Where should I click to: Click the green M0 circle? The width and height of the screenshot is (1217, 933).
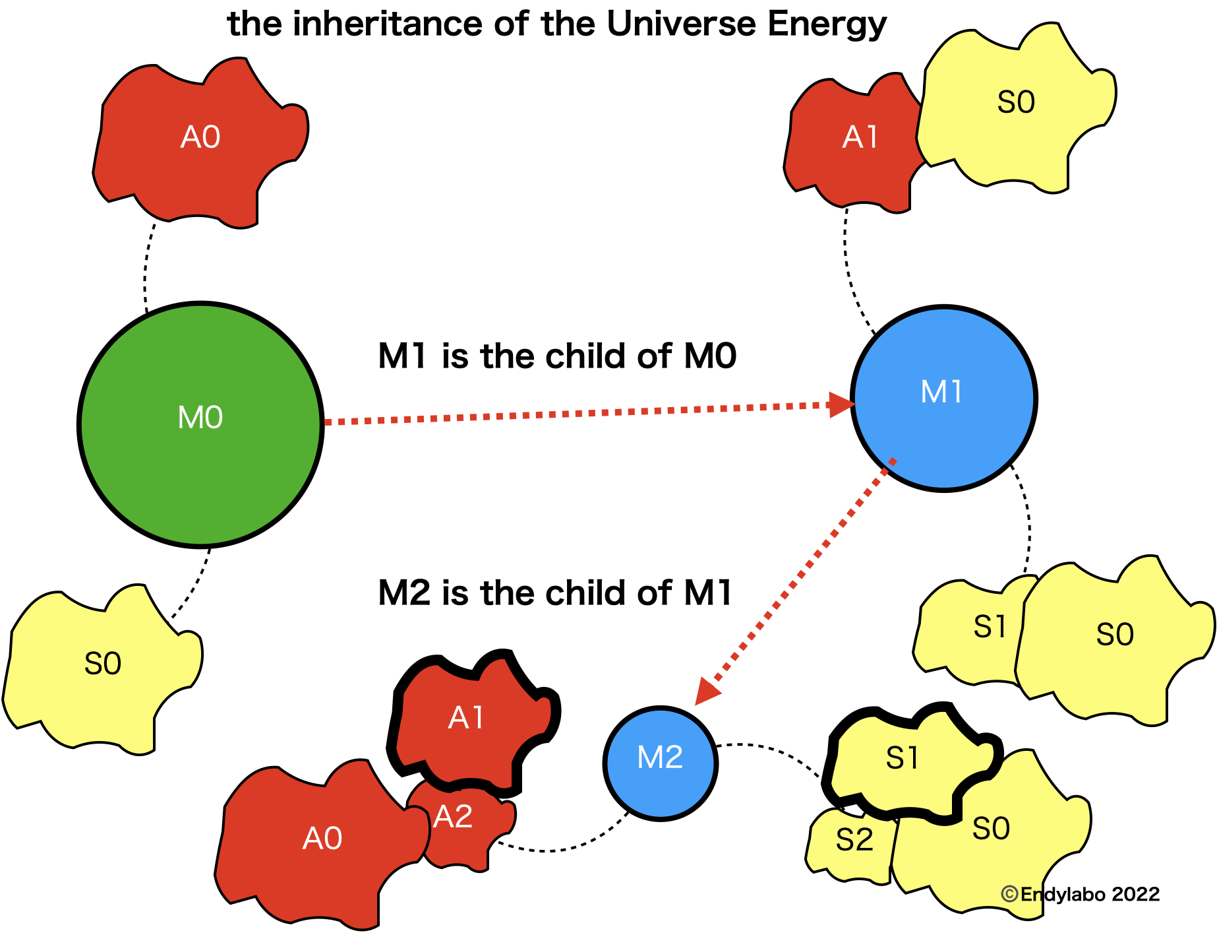[x=200, y=424]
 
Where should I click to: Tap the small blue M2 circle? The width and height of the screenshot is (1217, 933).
[x=660, y=763]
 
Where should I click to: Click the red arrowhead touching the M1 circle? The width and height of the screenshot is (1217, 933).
[x=841, y=404]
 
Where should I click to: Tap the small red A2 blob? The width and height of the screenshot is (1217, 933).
[x=461, y=825]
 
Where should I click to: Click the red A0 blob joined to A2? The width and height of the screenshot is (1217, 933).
[x=316, y=845]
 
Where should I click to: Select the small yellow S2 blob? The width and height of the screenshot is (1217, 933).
[x=850, y=845]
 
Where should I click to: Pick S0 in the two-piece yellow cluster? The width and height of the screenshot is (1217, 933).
[x=1114, y=640]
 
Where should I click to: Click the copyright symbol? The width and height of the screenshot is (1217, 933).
[x=1009, y=894]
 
